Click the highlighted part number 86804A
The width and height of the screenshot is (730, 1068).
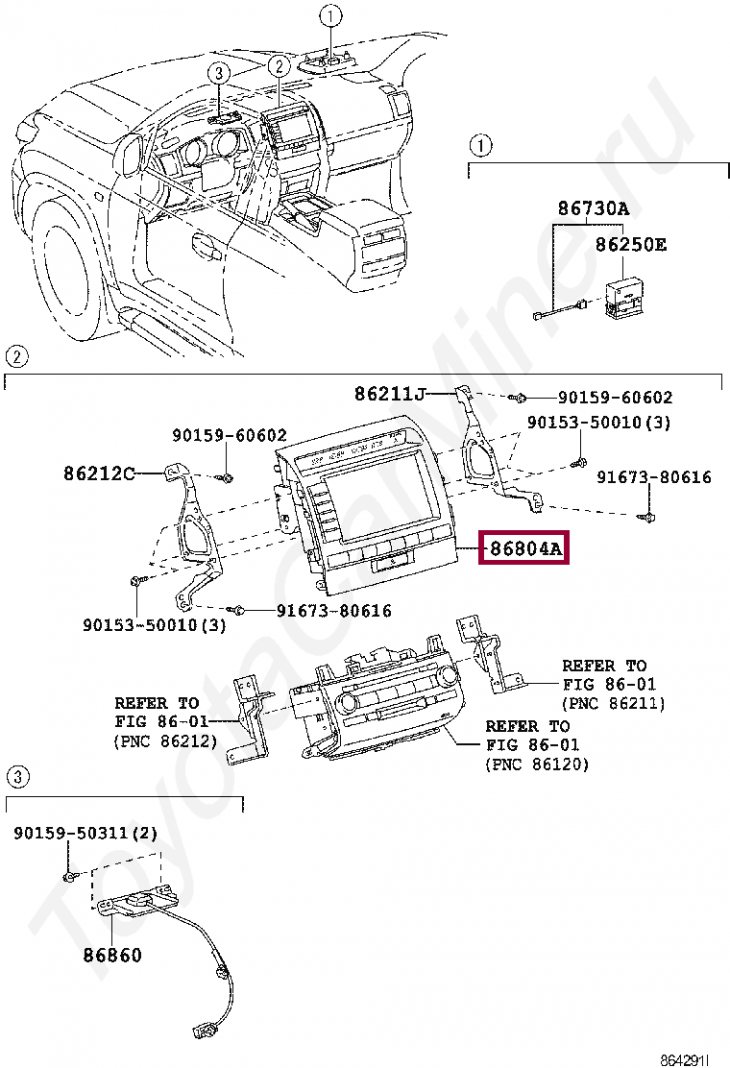[x=525, y=547]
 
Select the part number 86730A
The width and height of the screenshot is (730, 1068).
[x=594, y=208]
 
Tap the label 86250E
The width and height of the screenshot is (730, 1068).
[x=630, y=245]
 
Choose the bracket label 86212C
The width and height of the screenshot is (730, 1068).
[x=100, y=473]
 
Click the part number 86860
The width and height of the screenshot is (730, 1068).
[x=113, y=955]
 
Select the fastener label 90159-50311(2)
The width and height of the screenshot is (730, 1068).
[x=85, y=833]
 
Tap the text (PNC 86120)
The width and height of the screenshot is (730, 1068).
[x=537, y=765]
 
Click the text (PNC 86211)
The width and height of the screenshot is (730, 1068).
[x=614, y=703]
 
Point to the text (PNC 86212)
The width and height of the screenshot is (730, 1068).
[x=165, y=740]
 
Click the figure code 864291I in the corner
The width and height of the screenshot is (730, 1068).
[x=685, y=1059]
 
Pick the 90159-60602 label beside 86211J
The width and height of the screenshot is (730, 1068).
[x=615, y=397]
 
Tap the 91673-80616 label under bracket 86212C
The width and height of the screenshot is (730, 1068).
[x=333, y=610]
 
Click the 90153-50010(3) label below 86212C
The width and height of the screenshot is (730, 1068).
[x=154, y=624]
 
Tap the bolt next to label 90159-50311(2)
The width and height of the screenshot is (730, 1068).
[x=69, y=875]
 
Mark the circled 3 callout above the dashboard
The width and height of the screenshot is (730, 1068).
[x=218, y=73]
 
